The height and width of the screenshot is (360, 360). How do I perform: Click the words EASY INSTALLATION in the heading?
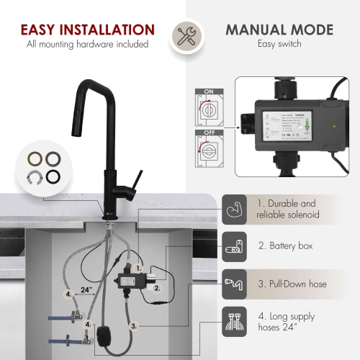87,30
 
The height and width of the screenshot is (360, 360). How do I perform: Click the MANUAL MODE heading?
279,30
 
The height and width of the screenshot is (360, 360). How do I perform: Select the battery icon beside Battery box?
236,246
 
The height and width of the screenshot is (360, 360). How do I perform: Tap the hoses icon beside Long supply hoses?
236,321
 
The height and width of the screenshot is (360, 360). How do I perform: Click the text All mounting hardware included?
87,45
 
